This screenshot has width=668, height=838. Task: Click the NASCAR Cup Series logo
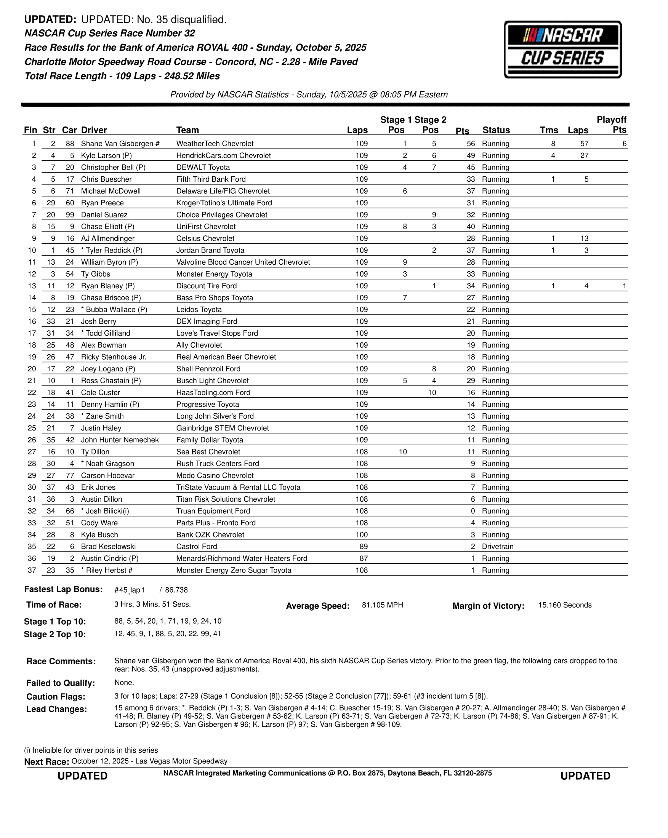(562, 50)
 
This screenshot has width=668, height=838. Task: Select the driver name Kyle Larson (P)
(106, 155)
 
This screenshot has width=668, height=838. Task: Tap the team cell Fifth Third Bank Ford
(211, 179)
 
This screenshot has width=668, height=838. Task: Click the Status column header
(496, 130)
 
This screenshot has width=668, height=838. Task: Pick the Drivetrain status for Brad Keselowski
(497, 547)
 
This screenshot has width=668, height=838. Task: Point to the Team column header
(187, 130)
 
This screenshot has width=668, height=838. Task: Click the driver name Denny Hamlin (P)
(110, 404)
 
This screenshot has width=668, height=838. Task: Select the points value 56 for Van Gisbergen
(471, 144)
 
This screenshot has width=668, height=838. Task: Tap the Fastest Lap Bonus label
(63, 589)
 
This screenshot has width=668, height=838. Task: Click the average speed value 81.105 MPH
(382, 605)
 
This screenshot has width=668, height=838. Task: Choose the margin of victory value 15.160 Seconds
(565, 605)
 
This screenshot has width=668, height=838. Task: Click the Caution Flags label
(56, 697)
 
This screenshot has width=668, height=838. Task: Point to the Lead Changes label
(56, 709)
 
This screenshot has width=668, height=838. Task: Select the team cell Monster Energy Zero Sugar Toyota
(234, 570)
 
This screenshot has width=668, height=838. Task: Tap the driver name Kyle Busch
(99, 535)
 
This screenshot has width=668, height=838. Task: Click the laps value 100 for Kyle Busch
(361, 535)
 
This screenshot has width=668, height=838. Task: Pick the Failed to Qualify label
(61, 683)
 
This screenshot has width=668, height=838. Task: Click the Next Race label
(46, 762)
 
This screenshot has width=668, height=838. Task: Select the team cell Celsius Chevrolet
(205, 239)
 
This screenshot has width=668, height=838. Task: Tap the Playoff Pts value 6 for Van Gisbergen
(624, 144)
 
